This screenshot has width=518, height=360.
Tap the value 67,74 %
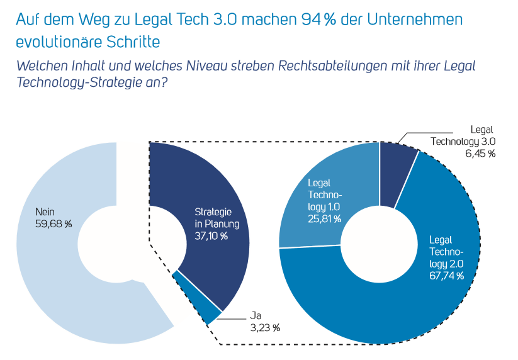pos(446,276)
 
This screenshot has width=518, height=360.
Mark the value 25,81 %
pos(324,219)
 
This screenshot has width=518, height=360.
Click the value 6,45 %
pos(480,154)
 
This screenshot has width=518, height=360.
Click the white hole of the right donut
pos(380,243)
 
